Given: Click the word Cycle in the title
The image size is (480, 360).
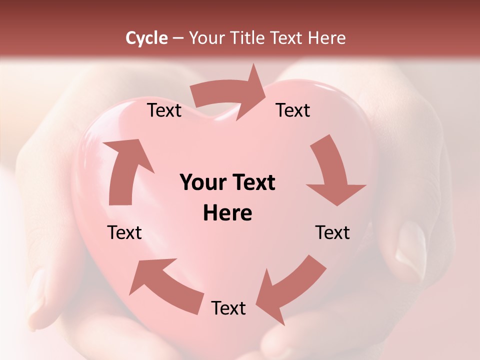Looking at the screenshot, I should (146, 38).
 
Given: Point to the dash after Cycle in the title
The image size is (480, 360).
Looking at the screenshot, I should (178, 38).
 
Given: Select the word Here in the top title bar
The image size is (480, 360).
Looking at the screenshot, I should (326, 38).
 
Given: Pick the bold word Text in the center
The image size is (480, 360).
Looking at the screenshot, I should (252, 182).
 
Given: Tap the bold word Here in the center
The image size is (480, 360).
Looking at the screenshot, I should (227, 213).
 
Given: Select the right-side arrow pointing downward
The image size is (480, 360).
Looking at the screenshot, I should (333, 173).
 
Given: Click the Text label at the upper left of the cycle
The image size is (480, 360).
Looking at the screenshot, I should (164, 110).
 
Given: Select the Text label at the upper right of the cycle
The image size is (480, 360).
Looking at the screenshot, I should (293, 110).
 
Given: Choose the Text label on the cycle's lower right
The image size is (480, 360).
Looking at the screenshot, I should (332, 232).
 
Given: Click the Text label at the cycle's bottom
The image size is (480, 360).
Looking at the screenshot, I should (228, 308).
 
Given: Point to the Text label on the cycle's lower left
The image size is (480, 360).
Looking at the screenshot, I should (125, 232).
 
